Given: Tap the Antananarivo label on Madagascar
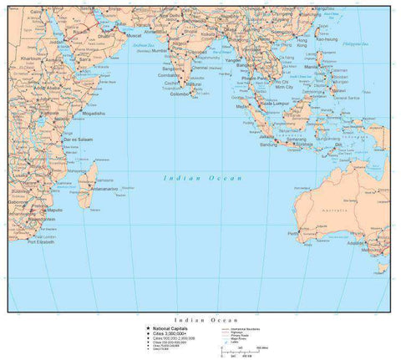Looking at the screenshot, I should pyautogui.click(x=104, y=189).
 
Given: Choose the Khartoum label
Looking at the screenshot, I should pyautogui.click(x=32, y=59).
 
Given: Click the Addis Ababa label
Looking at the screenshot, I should pyautogui.click(x=48, y=86).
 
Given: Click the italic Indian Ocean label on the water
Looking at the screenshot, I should pyautogui.click(x=191, y=178).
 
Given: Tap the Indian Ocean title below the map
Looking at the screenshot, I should pyautogui.click(x=200, y=320).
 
